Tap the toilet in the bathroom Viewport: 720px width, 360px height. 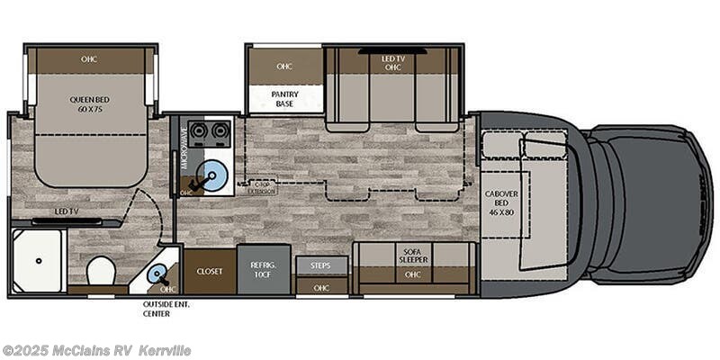[x=100, y=269]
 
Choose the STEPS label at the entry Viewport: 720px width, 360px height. [x=319, y=265]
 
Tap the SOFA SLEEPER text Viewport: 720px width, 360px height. [x=413, y=257]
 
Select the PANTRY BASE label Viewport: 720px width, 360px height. [x=284, y=99]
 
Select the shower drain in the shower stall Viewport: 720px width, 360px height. [x=40, y=261]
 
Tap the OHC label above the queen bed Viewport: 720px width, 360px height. [x=88, y=60]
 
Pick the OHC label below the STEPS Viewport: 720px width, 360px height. [x=319, y=287]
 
